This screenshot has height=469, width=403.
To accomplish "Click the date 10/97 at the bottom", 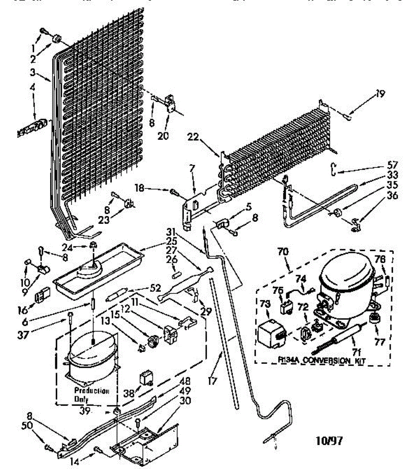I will [329, 441].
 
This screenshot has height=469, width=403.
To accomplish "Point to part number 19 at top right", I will [380, 94].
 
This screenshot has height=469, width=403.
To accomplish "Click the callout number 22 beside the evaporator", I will [204, 138].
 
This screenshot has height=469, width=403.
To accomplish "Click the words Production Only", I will [92, 395].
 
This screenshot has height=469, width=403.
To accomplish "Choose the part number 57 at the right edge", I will [392, 165].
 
